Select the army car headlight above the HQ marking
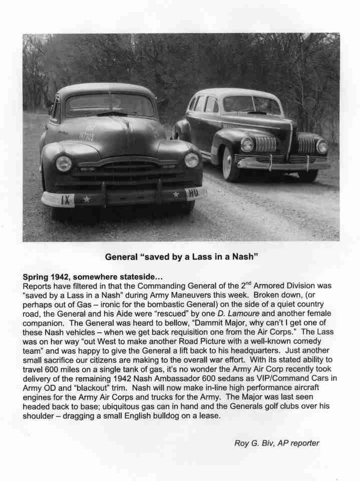(x=191, y=160)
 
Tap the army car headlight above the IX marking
(x=64, y=163)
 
